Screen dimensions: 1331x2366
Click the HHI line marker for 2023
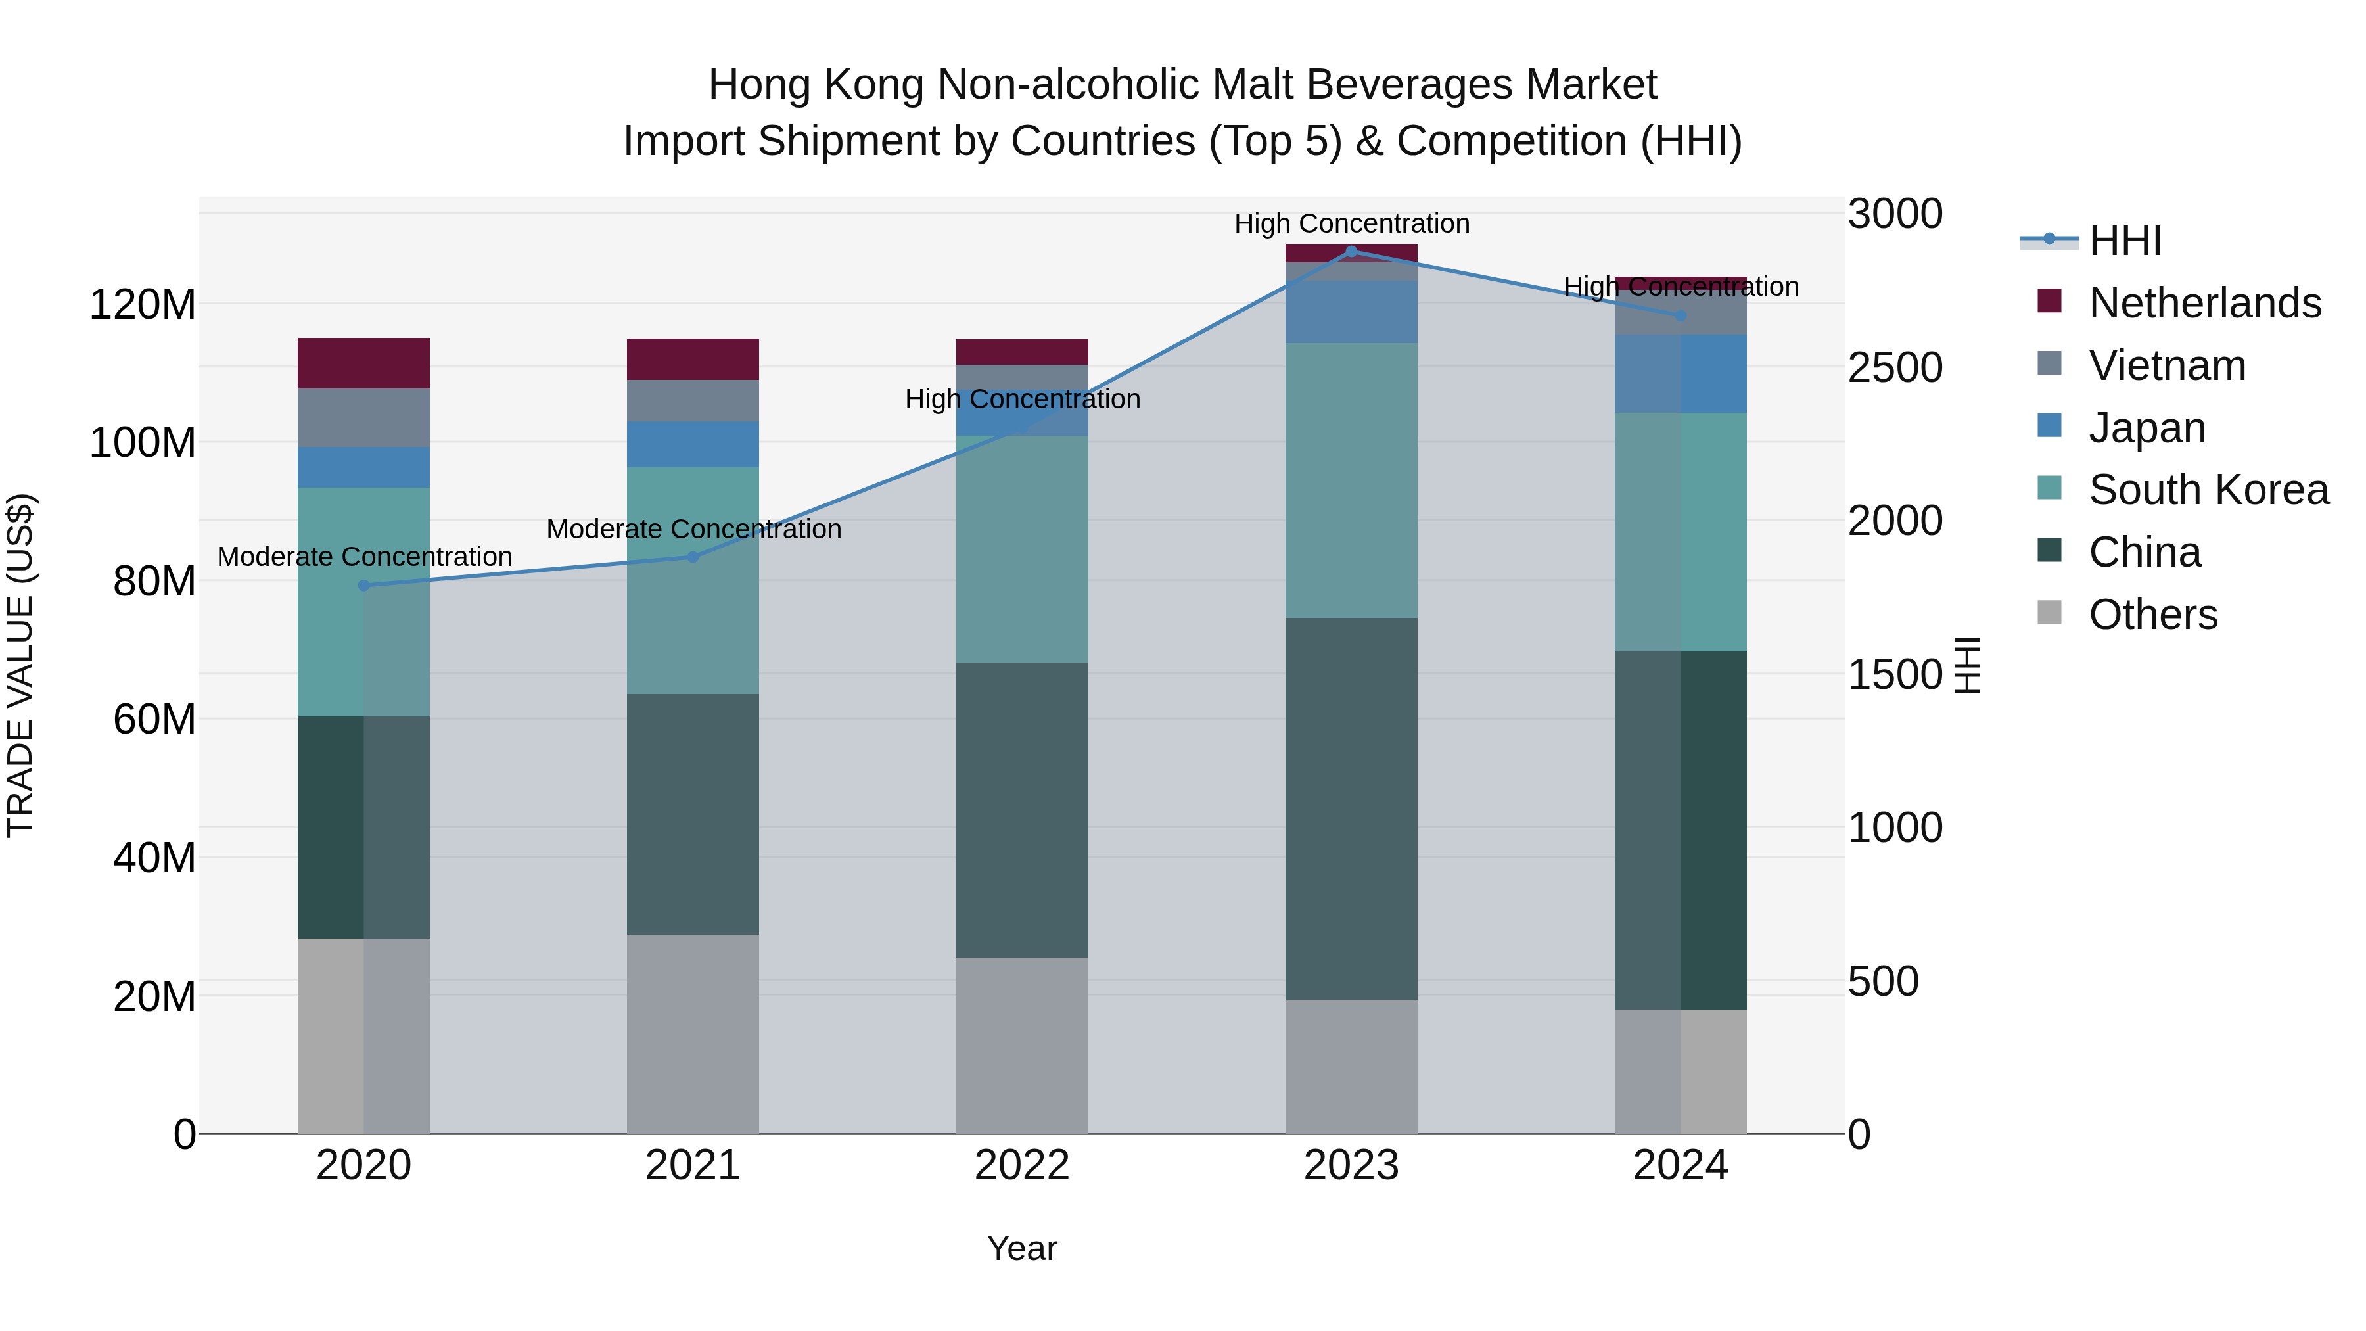(x=1351, y=251)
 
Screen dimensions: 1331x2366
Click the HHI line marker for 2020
(x=363, y=585)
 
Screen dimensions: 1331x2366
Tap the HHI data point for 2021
(x=693, y=557)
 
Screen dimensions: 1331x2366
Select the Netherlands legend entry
(x=2204, y=302)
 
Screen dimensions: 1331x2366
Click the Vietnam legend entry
(x=2167, y=365)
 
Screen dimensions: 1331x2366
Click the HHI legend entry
(x=2123, y=241)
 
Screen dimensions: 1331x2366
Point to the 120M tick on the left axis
(x=143, y=304)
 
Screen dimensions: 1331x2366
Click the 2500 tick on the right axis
(x=1895, y=367)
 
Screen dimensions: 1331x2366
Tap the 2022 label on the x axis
(x=1021, y=1165)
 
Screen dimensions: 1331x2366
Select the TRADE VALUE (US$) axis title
(x=20, y=665)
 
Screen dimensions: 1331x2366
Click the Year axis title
(x=1021, y=1248)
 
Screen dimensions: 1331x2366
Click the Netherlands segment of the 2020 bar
(x=363, y=363)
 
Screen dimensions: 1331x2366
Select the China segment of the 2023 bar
(x=1351, y=808)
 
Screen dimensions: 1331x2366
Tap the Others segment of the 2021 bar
(x=693, y=1033)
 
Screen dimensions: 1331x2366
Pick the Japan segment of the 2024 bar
(x=1681, y=374)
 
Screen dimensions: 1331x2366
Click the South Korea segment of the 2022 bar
(x=1021, y=549)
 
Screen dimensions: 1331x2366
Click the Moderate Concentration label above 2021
(x=693, y=529)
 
